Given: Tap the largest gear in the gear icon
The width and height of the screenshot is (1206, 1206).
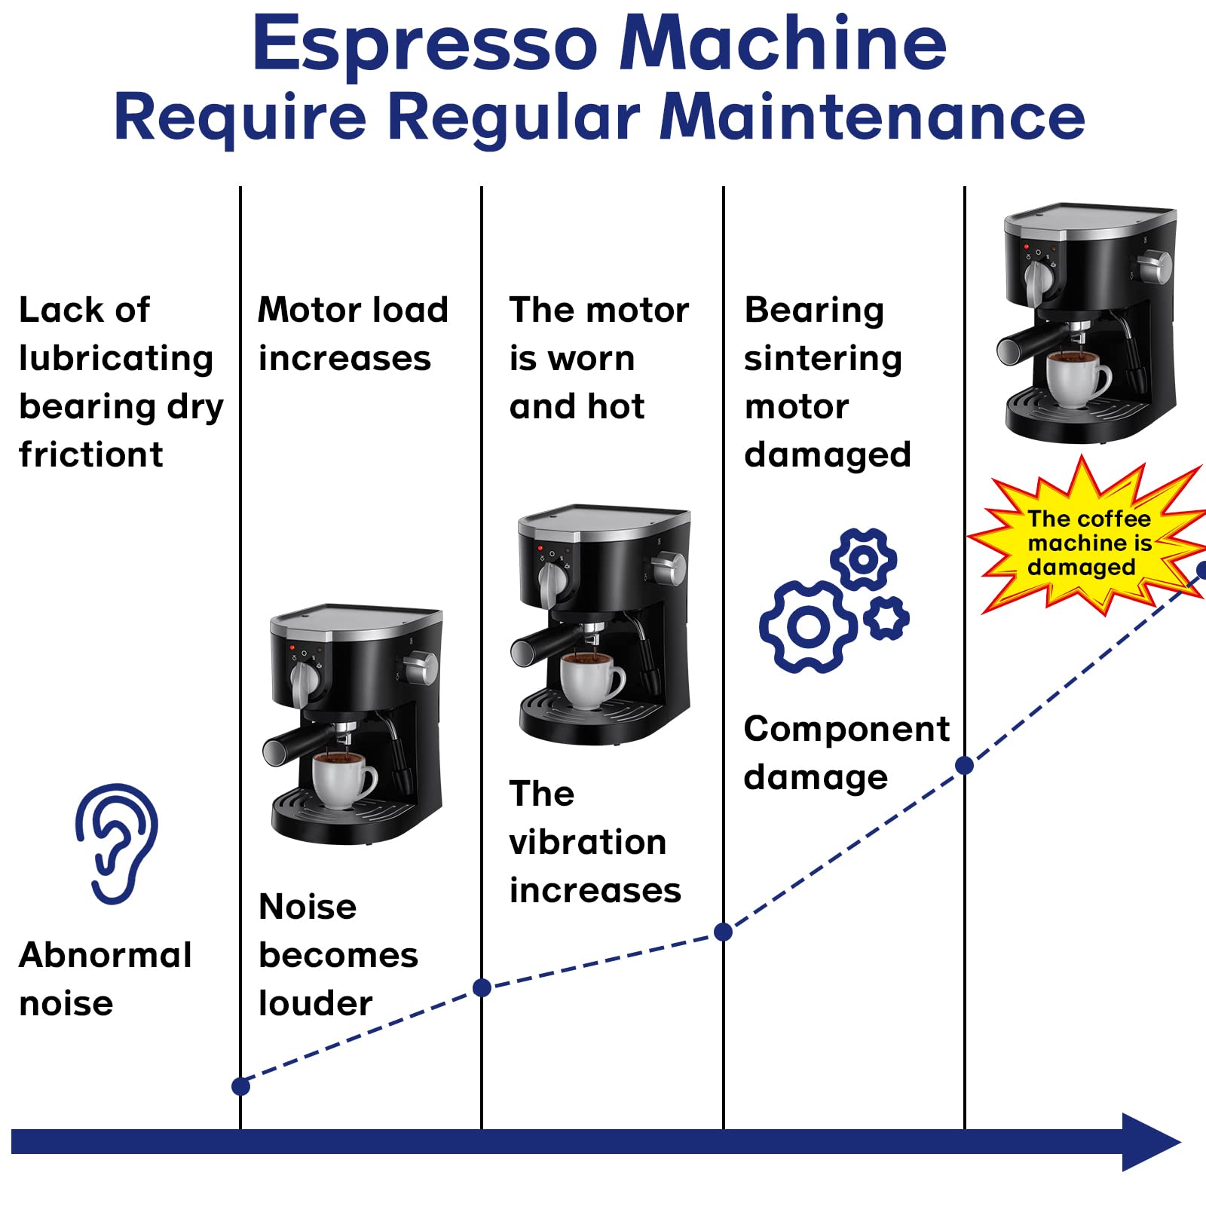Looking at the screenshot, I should [807, 626].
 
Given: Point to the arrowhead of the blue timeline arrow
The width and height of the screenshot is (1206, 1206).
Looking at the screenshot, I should [1149, 1141].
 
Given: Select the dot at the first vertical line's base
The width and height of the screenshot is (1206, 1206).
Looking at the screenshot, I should [240, 1086].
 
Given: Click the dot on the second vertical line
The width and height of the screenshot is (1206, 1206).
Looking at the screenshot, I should [482, 987].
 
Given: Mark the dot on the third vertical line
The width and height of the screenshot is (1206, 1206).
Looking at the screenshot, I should [723, 932].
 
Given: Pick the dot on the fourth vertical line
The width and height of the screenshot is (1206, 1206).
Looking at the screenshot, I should [964, 766].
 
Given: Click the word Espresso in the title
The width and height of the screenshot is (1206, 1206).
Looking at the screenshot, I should [424, 44].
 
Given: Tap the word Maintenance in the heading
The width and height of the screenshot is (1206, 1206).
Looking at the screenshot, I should [872, 118].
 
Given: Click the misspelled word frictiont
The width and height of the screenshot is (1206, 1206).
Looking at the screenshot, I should [91, 455].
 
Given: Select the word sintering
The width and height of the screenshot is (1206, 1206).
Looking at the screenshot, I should [822, 359].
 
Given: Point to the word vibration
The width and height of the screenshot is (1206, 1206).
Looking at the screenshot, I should [587, 843].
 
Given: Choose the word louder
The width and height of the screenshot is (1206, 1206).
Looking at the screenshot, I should [315, 1004].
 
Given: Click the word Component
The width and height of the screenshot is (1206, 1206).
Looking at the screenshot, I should [846, 730].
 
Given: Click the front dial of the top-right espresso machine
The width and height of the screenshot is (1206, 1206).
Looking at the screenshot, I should [1039, 277].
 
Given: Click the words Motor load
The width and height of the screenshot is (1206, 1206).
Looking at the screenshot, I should [353, 310].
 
